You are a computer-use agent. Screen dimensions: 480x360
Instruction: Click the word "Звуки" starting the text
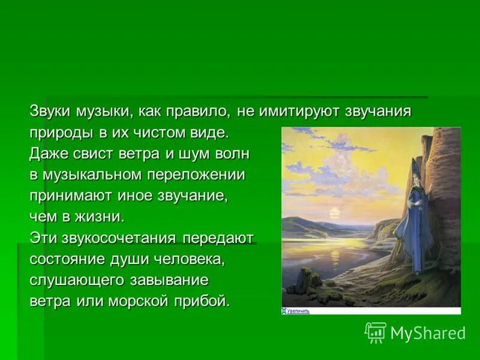51,111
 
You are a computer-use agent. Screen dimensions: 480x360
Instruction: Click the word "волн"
232,154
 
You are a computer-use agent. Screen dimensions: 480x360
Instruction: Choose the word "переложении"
196,175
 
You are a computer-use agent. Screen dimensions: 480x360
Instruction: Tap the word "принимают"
71,196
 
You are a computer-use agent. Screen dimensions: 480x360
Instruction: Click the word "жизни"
99,217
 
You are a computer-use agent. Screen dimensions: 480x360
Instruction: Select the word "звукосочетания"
118,238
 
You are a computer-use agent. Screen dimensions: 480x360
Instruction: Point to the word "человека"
188,259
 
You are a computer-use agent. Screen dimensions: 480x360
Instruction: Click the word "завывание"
169,280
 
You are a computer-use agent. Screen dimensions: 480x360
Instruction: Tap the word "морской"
139,302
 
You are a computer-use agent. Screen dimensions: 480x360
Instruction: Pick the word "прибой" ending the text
202,301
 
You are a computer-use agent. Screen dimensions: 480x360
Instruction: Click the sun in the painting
334,212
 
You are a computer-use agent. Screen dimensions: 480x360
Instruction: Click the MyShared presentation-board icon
376,333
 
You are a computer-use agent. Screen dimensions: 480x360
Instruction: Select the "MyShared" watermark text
428,333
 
